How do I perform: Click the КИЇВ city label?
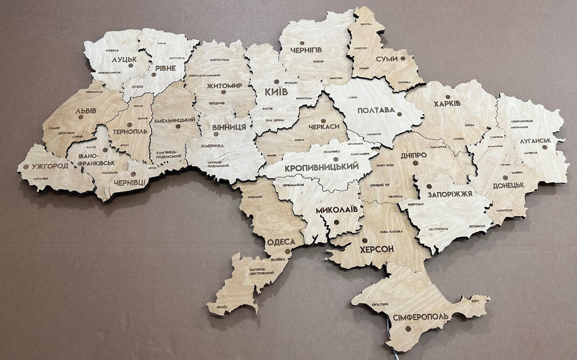pyautogui.click(x=276, y=91)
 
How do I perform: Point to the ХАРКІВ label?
pyautogui.click(x=447, y=104)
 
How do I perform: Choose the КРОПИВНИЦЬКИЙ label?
pyautogui.click(x=322, y=167)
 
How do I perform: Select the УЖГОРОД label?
pyautogui.click(x=50, y=166)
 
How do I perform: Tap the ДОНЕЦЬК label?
pyautogui.click(x=508, y=185)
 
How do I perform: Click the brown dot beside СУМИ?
pyautogui.click(x=403, y=59)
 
